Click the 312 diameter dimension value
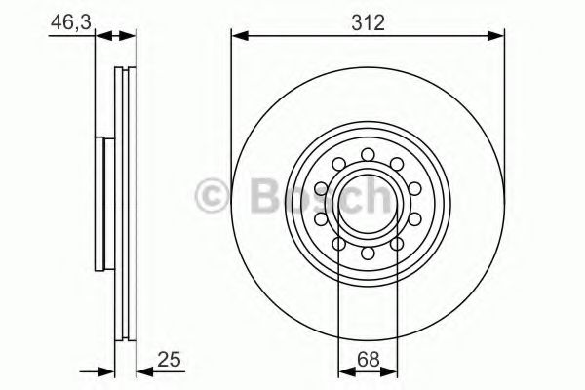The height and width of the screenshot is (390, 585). pyautogui.click(x=368, y=21)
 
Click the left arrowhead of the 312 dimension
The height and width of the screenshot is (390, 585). pyautogui.click(x=238, y=37)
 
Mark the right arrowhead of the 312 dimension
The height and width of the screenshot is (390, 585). pyautogui.click(x=498, y=37)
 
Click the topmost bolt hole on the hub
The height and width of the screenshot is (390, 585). pyautogui.click(x=368, y=153)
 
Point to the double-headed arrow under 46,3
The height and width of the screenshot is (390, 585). pyautogui.click(x=116, y=37)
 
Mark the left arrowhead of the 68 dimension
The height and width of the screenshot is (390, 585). pyautogui.click(x=343, y=370)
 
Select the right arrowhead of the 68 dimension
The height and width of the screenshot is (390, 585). pyautogui.click(x=392, y=370)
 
